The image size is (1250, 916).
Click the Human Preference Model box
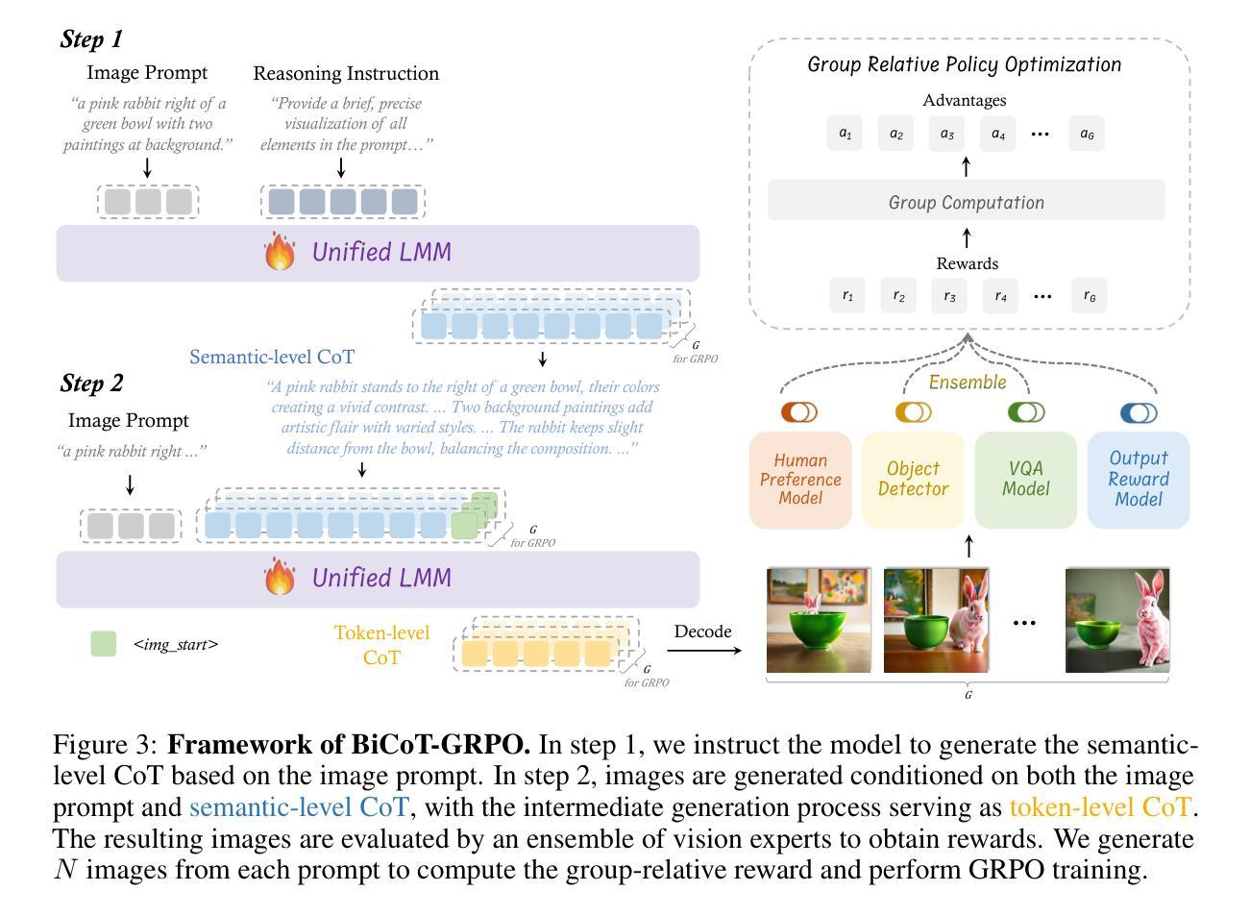point(800,480)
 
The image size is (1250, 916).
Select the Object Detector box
point(913,480)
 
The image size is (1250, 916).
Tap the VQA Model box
point(1026,480)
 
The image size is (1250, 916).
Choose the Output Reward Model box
point(1139,480)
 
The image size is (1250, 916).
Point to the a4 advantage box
point(997,134)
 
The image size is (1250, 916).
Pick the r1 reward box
point(847,295)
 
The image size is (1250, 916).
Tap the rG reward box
point(1090,295)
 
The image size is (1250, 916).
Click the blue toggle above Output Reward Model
point(1139,413)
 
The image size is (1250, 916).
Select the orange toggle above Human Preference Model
point(799,412)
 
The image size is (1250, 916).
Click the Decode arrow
point(704,651)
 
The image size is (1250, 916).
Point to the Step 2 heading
point(91,383)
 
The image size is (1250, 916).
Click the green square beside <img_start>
point(103,644)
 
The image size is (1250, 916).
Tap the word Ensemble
point(968,383)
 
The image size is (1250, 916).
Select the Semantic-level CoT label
point(272,357)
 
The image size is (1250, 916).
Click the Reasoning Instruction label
point(346,73)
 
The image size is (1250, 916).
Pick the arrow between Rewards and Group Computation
point(967,237)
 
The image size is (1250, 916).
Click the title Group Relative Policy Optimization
point(965,64)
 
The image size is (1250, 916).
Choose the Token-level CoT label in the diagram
point(381,645)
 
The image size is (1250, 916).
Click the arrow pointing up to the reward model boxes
point(969,546)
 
